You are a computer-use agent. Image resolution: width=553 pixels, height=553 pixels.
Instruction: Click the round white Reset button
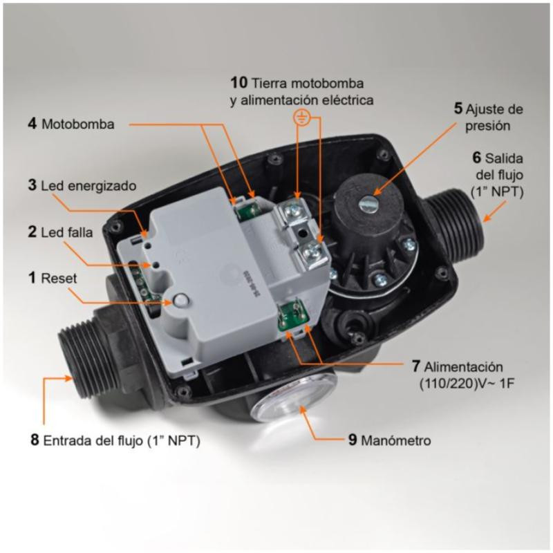click(x=181, y=301)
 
